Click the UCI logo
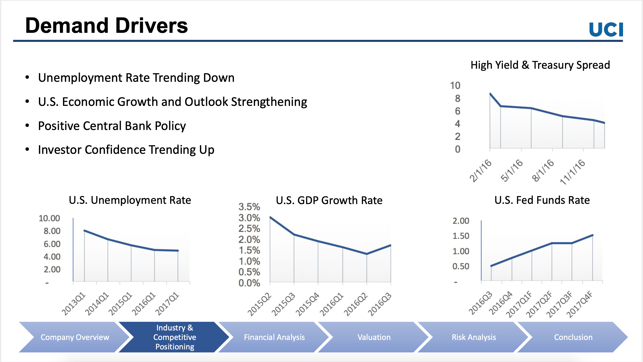pos(606,29)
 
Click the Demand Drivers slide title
pos(106,26)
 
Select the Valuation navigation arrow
pos(374,337)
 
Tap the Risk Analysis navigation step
pos(474,337)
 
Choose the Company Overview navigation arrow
pos(75,337)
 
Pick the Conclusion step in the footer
pos(573,337)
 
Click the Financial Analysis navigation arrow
pos(274,337)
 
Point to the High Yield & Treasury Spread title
pos(540,65)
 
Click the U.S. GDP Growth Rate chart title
pos(329,200)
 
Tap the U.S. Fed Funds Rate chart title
pos(542,200)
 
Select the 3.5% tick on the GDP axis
pos(249,207)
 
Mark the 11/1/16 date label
pos(573,172)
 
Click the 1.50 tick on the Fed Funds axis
pos(461,236)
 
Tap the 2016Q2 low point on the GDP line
pos(367,254)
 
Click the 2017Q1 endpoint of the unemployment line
pos(178,250)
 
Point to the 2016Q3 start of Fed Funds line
pos(491,266)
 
